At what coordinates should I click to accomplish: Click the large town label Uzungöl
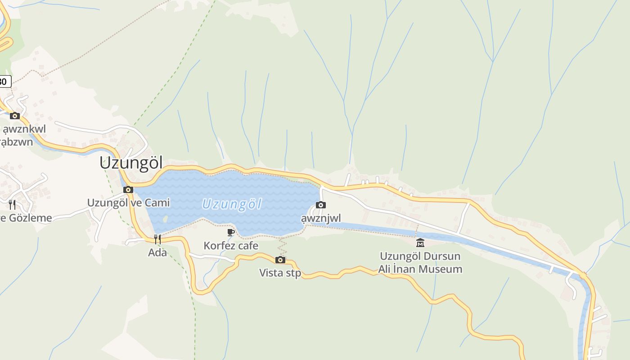point(131,163)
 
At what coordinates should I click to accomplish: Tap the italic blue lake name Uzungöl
point(232,204)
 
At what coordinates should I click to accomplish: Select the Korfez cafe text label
point(231,246)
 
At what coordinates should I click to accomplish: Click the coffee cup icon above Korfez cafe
point(231,232)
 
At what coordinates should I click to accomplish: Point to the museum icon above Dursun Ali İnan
point(420,243)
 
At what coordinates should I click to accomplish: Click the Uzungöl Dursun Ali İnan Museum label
point(420,263)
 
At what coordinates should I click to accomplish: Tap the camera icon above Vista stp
point(280,260)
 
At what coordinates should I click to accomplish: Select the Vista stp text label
point(280,273)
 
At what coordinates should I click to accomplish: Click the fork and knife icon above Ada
point(157,239)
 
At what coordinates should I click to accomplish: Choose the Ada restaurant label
point(157,252)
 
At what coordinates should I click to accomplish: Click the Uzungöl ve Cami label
point(129,203)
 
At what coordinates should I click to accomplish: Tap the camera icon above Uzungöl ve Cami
point(128,189)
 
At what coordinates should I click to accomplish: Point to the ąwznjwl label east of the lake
point(321,219)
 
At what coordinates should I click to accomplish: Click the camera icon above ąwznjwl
point(321,205)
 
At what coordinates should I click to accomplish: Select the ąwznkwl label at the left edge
point(24,130)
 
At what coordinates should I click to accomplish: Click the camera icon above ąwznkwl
point(15,116)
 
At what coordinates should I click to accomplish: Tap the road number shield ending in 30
point(4,81)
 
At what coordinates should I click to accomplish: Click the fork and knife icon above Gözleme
point(12,205)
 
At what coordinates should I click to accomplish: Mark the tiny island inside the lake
point(165,219)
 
